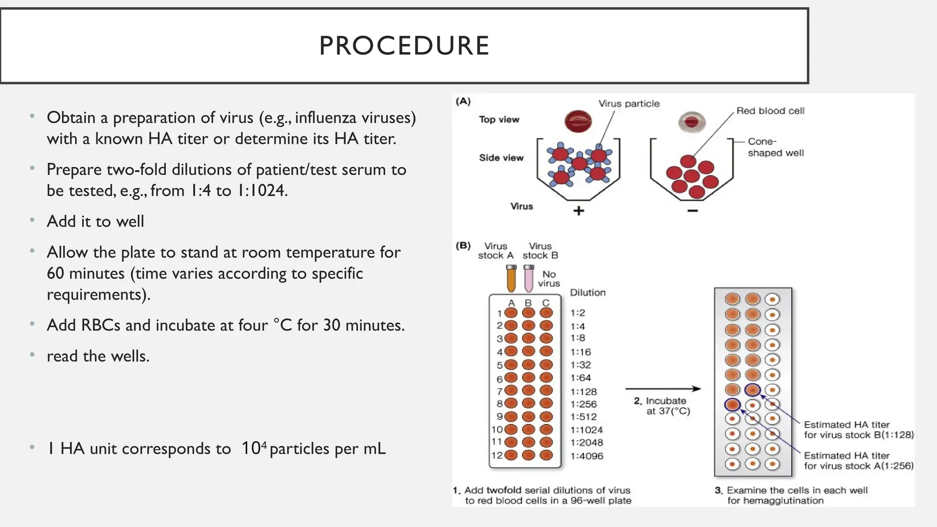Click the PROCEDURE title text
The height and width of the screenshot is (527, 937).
(x=404, y=46)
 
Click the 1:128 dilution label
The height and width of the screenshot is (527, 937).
(x=583, y=392)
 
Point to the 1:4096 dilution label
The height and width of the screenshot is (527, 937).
(x=587, y=456)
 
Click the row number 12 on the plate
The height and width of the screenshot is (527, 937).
(x=496, y=455)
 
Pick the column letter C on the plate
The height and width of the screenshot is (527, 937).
(x=545, y=303)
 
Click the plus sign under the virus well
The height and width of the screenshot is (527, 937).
(x=579, y=211)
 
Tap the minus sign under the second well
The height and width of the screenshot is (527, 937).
(x=693, y=210)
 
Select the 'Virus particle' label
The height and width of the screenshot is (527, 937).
(x=629, y=104)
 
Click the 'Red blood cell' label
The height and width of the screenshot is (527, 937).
(x=770, y=111)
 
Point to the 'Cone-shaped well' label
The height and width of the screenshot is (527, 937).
(x=775, y=147)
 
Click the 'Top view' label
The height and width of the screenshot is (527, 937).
(x=499, y=119)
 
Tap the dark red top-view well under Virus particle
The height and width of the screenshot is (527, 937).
(x=578, y=121)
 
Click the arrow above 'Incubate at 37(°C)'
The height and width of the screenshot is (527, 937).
(x=663, y=389)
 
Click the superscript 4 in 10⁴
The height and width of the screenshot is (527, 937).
(x=264, y=443)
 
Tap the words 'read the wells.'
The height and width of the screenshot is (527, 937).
(x=98, y=356)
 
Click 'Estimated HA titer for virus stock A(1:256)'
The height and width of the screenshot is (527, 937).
(x=858, y=461)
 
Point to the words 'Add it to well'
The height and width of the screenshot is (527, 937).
(x=95, y=221)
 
